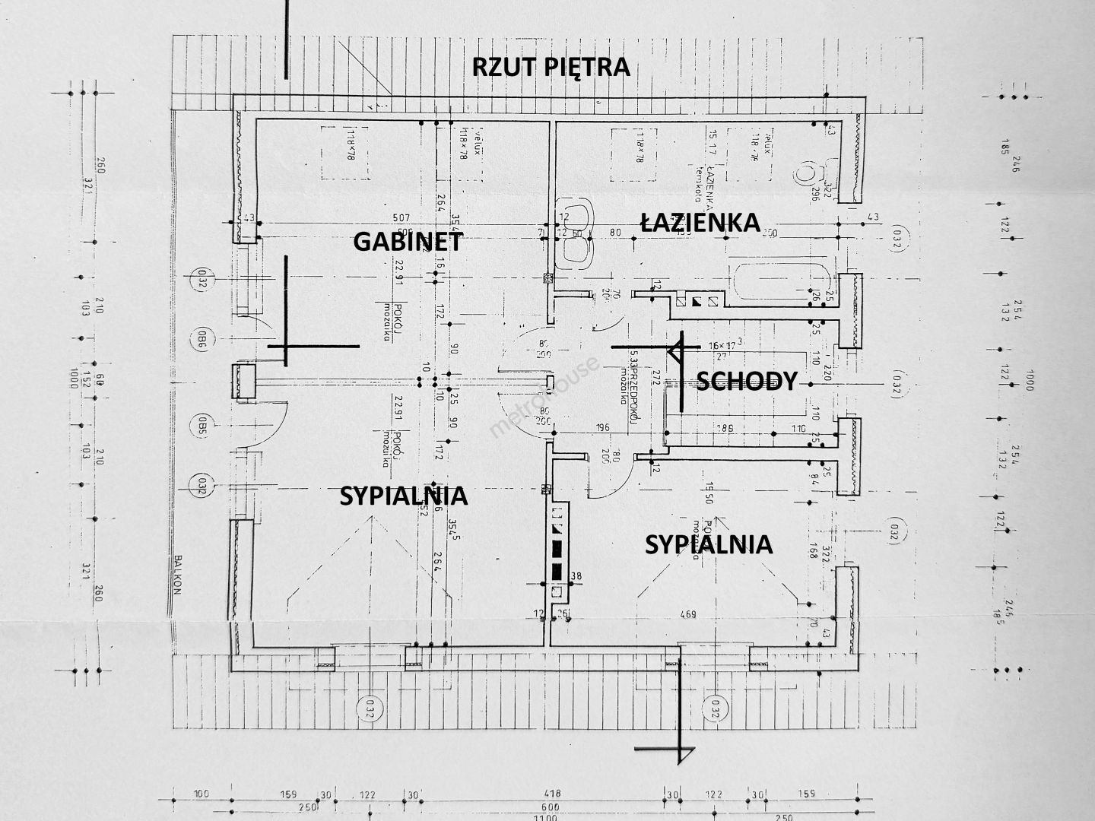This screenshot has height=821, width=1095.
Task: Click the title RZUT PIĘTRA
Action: [551, 67]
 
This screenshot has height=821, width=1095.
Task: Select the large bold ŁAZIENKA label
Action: [700, 222]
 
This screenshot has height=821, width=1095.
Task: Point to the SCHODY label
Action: [746, 381]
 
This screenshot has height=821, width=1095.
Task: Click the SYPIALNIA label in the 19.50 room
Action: [708, 544]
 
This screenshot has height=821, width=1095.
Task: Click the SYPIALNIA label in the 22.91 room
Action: [403, 496]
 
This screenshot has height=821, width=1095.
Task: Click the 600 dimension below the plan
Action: [550, 806]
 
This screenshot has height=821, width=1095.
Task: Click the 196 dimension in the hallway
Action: [603, 428]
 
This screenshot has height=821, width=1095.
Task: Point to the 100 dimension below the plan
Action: [201, 794]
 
